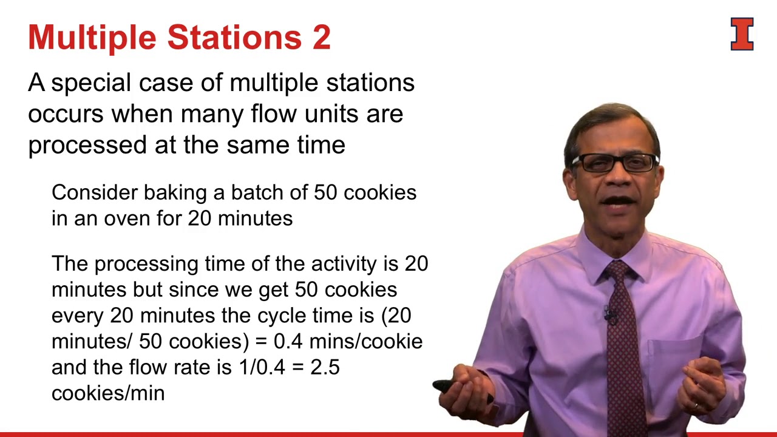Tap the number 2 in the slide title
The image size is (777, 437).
[x=321, y=38]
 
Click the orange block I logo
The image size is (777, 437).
[x=742, y=34]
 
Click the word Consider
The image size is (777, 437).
[x=95, y=192]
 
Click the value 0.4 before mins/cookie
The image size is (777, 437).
[x=288, y=341]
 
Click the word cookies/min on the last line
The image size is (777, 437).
[x=108, y=393]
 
